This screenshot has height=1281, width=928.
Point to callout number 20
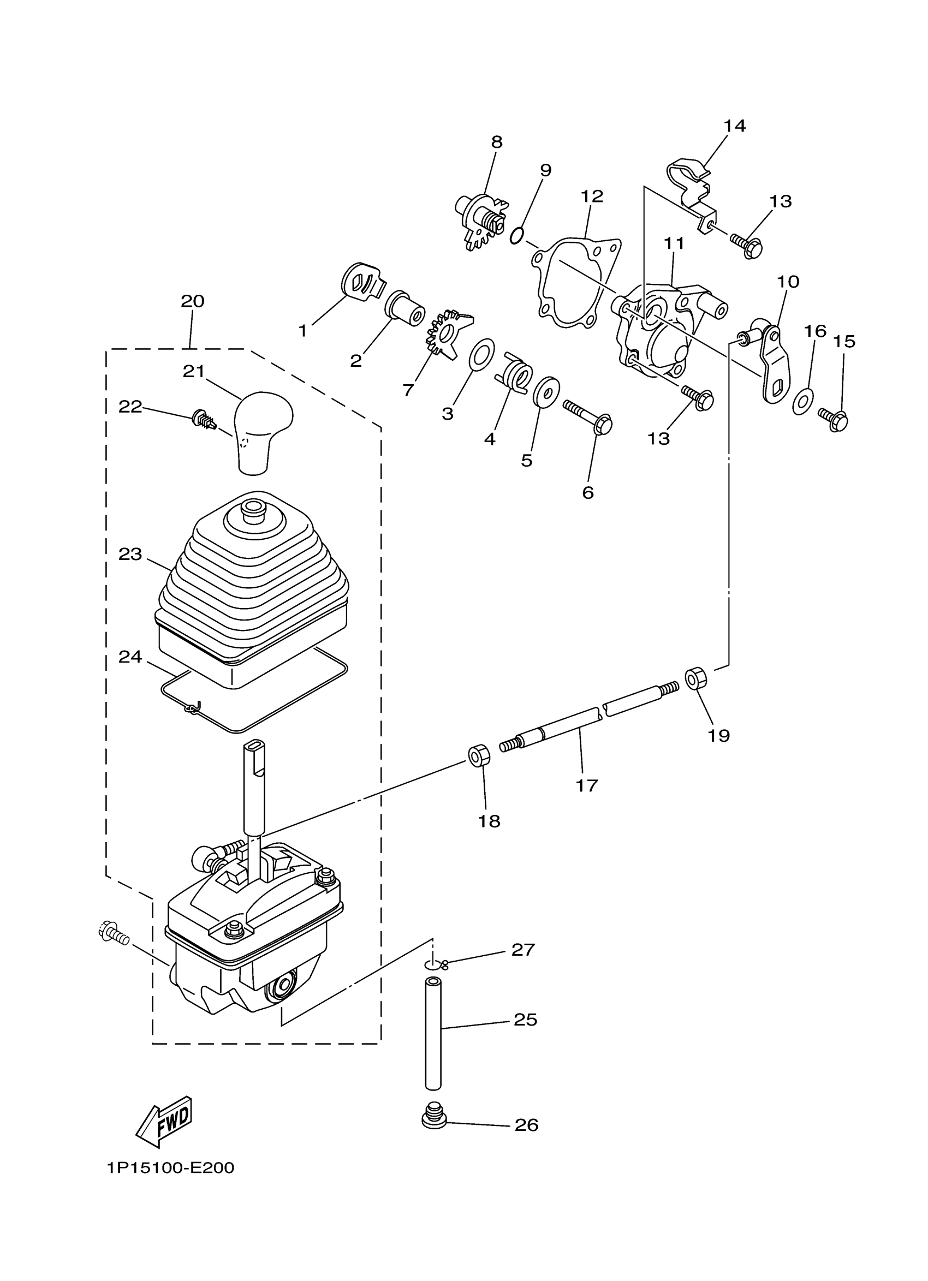tap(192, 301)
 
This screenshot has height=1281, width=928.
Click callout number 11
tap(673, 243)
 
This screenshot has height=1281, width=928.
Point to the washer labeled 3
tap(481, 355)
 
